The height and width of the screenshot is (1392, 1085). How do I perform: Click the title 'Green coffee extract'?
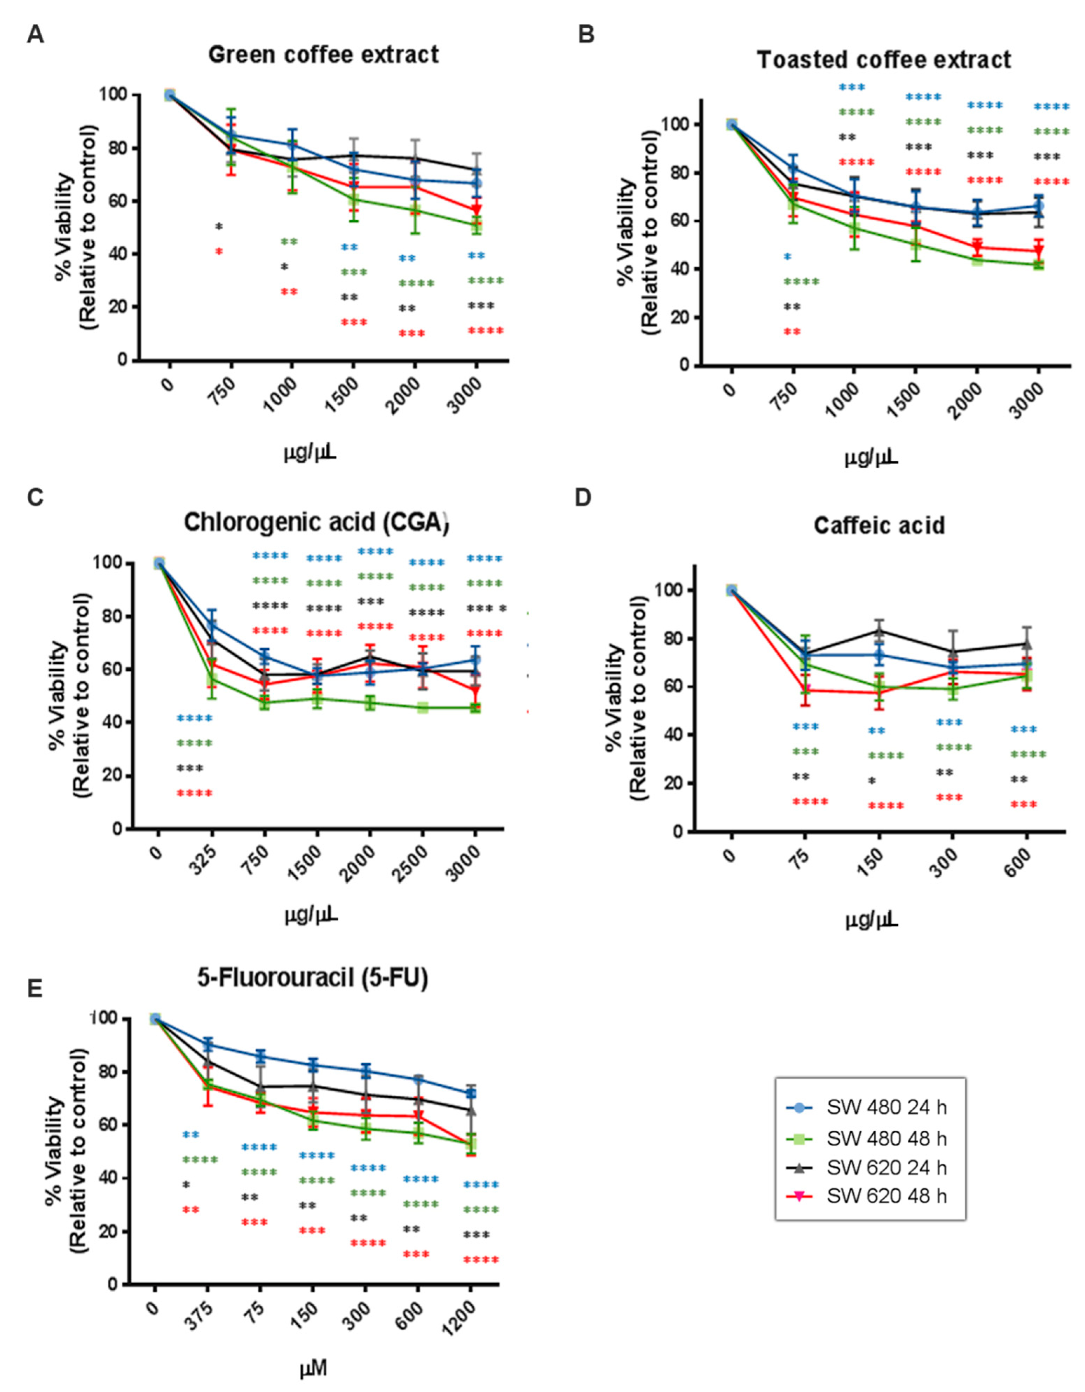324,55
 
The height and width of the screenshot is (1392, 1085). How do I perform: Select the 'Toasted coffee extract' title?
884,60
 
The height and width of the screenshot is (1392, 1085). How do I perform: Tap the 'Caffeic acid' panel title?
879,526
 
